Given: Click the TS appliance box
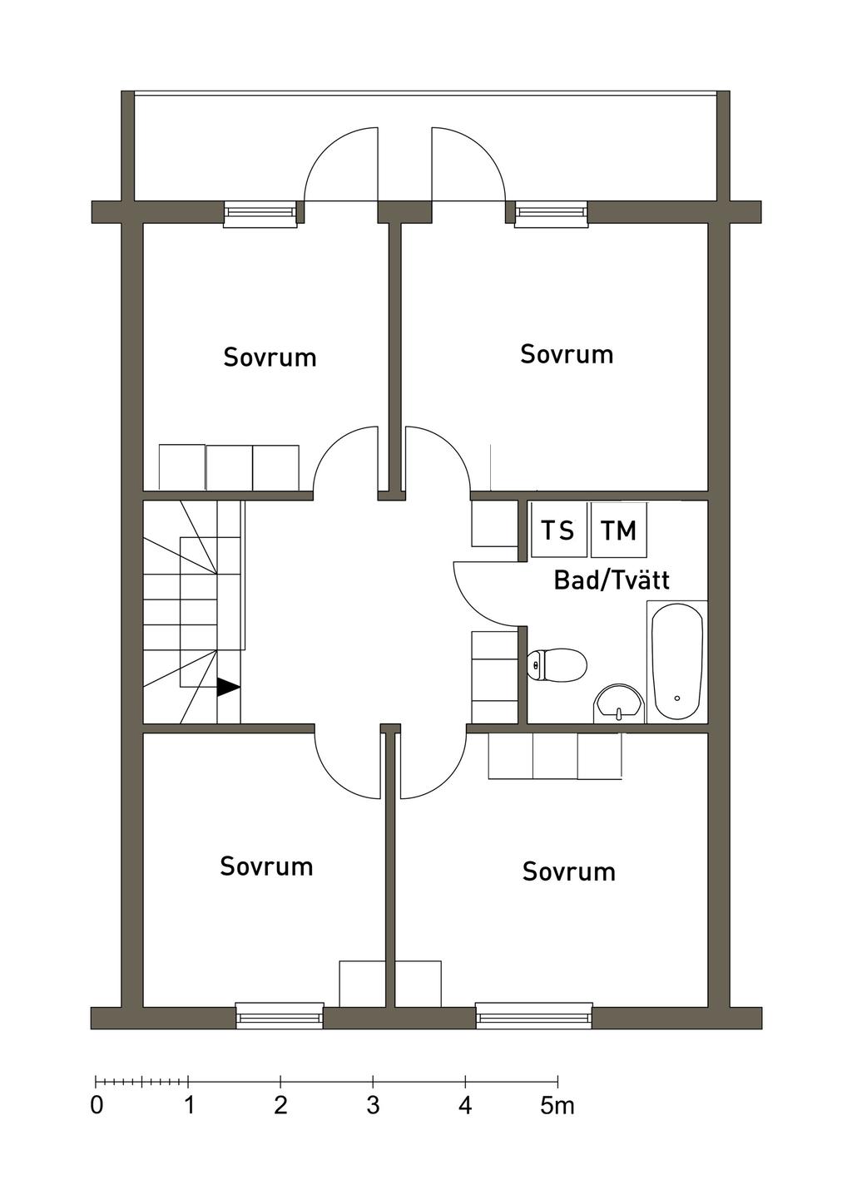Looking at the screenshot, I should [x=557, y=530].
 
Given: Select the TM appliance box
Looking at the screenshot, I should [x=618, y=530].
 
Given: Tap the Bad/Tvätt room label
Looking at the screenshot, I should [x=612, y=580].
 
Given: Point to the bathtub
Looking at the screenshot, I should [x=676, y=661].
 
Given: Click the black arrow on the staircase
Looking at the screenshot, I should [x=228, y=687].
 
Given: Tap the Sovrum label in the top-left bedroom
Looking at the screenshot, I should [x=270, y=358].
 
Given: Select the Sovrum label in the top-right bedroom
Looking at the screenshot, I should [x=567, y=354].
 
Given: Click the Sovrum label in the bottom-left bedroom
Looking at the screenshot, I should [x=266, y=866].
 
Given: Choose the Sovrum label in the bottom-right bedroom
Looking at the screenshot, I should [x=569, y=871].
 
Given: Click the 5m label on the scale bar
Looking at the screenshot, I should [x=557, y=1106].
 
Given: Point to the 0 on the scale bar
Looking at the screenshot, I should [x=97, y=1106].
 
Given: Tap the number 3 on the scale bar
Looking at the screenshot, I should [x=373, y=1106].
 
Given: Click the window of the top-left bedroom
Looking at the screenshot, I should [x=260, y=215].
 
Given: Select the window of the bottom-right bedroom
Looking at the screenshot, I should [x=533, y=1016].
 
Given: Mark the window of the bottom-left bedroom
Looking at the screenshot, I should [x=280, y=1016].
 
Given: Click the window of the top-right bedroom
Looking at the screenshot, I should [x=551, y=215].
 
